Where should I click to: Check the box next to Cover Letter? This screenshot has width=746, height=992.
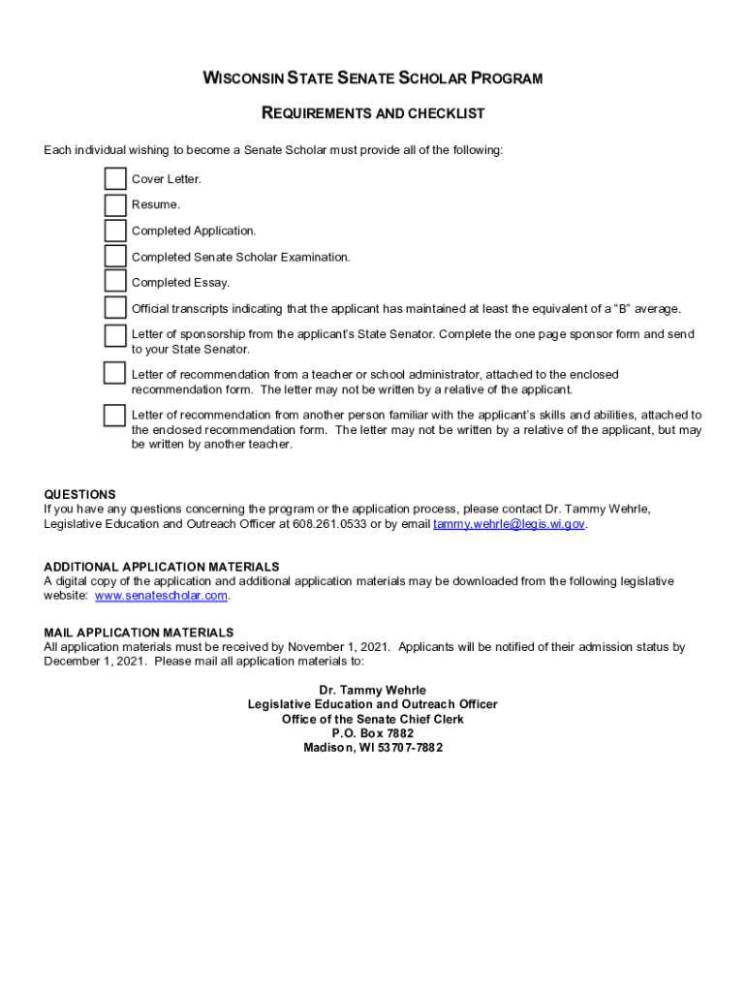click(115, 178)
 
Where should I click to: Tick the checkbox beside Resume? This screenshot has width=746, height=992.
click(115, 204)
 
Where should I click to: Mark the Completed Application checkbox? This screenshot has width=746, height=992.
click(115, 231)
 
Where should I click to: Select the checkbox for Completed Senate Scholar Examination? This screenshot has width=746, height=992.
click(115, 257)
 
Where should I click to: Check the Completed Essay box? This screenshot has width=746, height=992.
click(115, 282)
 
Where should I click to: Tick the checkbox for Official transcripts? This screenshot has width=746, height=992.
click(115, 308)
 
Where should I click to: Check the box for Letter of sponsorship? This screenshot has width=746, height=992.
click(115, 335)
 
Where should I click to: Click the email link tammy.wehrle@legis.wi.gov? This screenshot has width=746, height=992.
click(510, 524)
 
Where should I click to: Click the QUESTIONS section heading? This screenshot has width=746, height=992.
click(79, 494)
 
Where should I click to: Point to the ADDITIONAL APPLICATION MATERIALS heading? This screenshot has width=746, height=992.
click(162, 567)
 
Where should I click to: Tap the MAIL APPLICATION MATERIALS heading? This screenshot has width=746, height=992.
click(139, 633)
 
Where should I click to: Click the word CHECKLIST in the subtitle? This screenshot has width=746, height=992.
click(445, 114)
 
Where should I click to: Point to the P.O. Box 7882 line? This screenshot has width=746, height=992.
click(373, 733)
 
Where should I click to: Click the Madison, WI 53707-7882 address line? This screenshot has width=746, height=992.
click(373, 748)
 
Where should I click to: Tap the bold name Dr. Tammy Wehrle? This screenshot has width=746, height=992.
click(373, 691)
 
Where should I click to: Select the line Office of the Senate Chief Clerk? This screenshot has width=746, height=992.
click(373, 720)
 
